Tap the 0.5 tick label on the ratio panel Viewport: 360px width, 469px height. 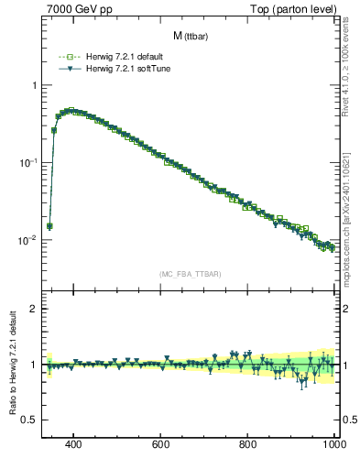coord(29,420)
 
